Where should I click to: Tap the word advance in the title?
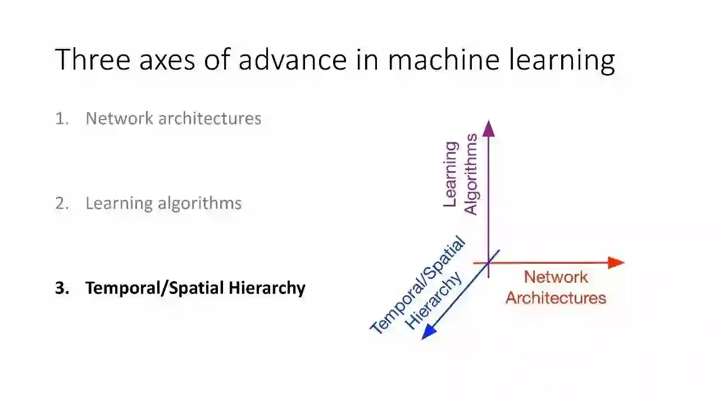pyautogui.click(x=292, y=59)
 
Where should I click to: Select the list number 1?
pyautogui.click(x=61, y=118)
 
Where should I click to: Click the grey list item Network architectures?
pyautogui.click(x=173, y=118)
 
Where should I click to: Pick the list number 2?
pyautogui.click(x=62, y=203)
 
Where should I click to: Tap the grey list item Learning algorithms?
pyautogui.click(x=163, y=203)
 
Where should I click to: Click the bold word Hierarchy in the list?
pyautogui.click(x=267, y=288)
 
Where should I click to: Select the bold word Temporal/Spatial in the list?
pyautogui.click(x=156, y=288)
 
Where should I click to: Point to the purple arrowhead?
pyautogui.click(x=489, y=128)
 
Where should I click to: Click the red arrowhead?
pyautogui.click(x=616, y=263)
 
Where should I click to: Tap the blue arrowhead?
pyautogui.click(x=429, y=333)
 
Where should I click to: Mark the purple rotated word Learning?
pyautogui.click(x=450, y=174)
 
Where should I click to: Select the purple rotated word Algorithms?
pyautogui.click(x=471, y=174)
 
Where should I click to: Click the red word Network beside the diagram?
pyautogui.click(x=556, y=277)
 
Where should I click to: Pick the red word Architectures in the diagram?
pyautogui.click(x=556, y=297)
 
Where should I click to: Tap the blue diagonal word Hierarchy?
pyautogui.click(x=434, y=301)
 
